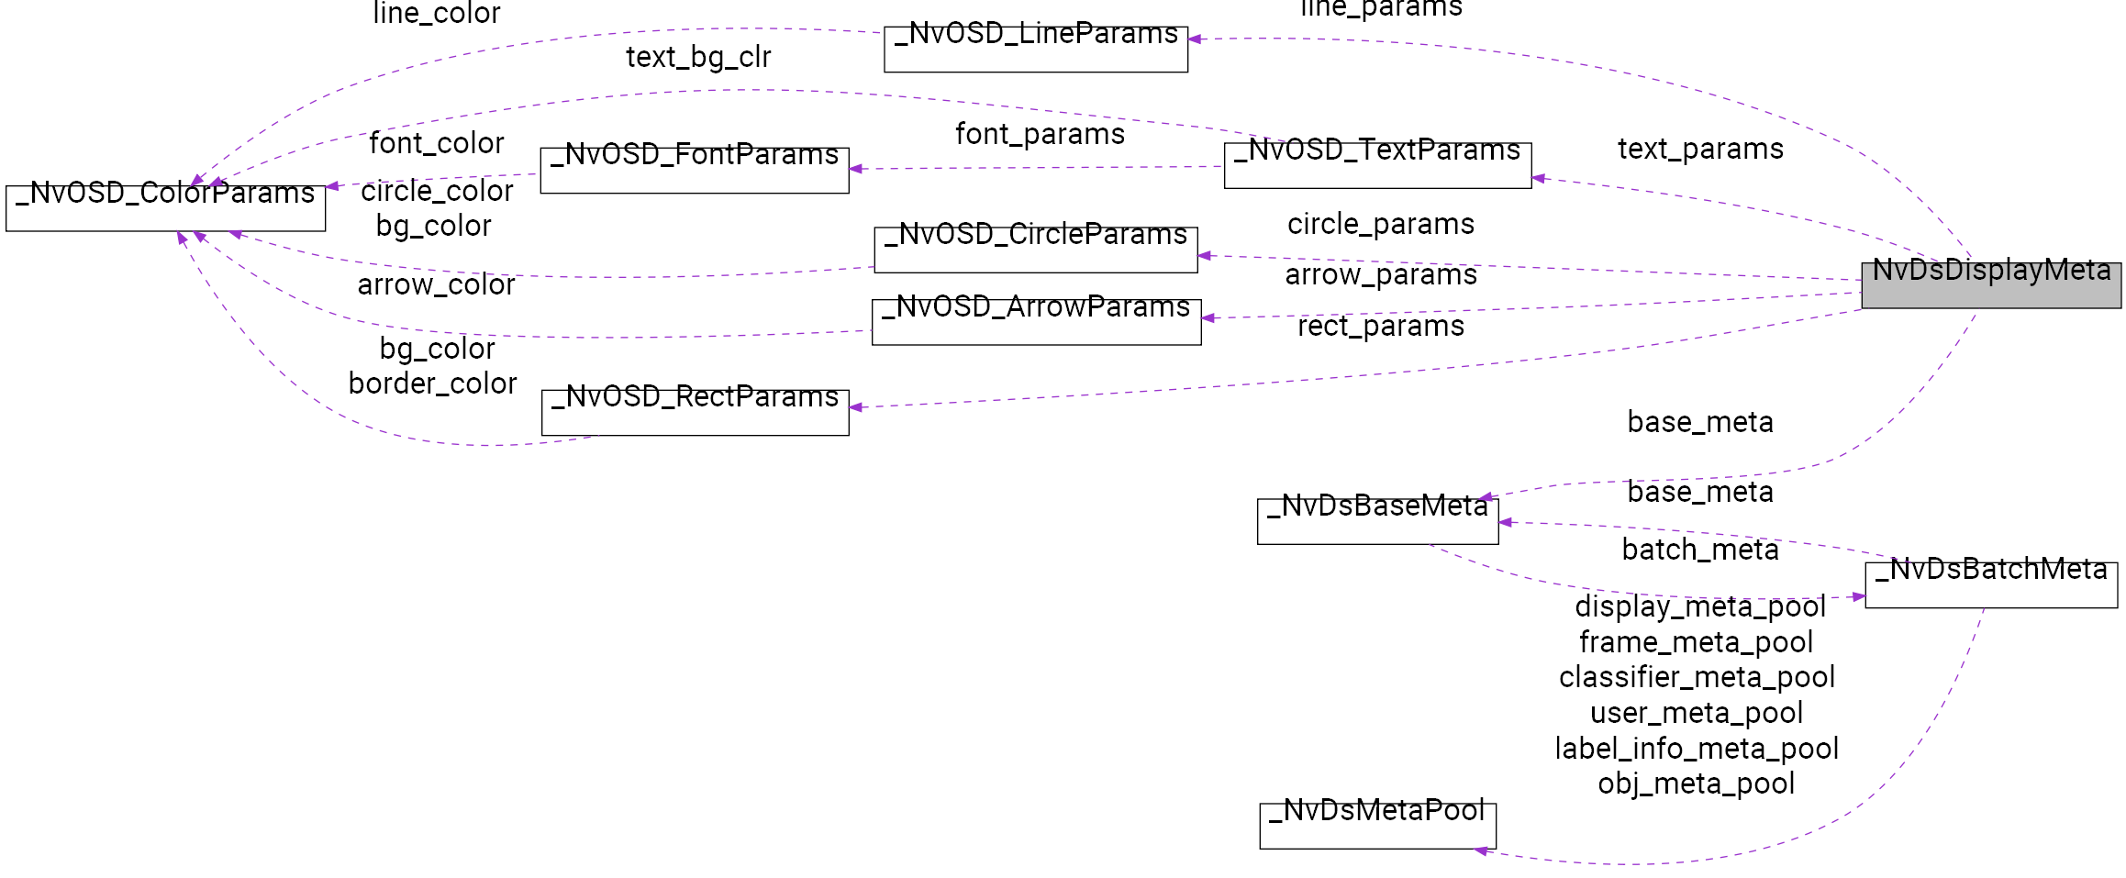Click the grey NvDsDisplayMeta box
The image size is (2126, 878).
click(1990, 285)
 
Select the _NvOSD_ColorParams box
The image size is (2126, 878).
click(165, 208)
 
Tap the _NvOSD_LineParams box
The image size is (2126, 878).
click(1035, 50)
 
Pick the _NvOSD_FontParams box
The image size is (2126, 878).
click(694, 171)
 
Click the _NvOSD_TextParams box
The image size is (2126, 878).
click(1376, 166)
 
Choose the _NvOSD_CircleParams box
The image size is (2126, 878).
click(1035, 250)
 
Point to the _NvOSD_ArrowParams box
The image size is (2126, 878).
click(1035, 322)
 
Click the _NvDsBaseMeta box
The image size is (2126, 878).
click(1376, 521)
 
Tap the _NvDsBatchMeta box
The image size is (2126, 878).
click(1990, 584)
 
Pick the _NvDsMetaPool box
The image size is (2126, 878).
click(1376, 826)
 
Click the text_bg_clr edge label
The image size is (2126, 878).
click(698, 57)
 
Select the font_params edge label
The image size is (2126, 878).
click(1040, 134)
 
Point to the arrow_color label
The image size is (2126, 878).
click(436, 284)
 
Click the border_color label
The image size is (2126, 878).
click(432, 383)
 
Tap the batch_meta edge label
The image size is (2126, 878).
click(1699, 550)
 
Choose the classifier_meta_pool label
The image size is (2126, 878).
click(1697, 677)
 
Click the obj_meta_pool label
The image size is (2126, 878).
click(1696, 784)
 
